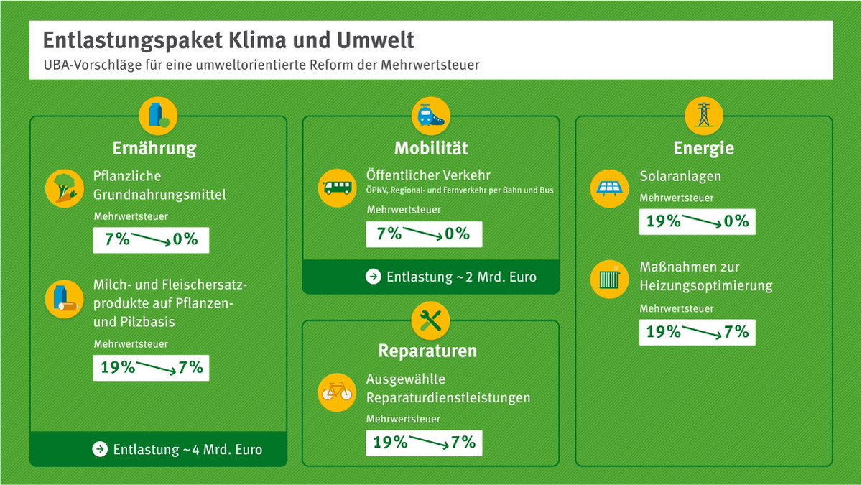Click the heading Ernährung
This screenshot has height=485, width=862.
click(154, 149)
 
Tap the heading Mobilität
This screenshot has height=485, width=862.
click(431, 149)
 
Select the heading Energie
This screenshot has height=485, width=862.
click(703, 149)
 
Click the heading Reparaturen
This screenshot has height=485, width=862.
click(427, 351)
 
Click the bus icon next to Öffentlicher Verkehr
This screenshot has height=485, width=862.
click(338, 188)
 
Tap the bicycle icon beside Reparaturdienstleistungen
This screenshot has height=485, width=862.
click(338, 392)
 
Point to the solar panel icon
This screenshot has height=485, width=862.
click(610, 188)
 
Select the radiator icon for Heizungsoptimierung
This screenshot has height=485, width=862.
click(610, 280)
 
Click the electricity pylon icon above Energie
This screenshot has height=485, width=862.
click(703, 115)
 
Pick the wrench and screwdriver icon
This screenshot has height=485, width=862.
click(431, 320)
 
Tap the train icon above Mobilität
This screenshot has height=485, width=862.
click(431, 115)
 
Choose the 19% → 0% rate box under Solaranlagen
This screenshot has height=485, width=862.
click(697, 221)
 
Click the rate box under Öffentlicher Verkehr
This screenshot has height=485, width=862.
click(424, 234)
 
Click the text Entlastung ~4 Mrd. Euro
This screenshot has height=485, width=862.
click(187, 450)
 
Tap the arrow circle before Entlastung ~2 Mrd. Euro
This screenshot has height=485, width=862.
click(373, 277)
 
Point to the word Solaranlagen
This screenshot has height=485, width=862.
click(680, 176)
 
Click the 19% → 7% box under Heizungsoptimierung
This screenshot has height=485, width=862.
click(697, 332)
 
